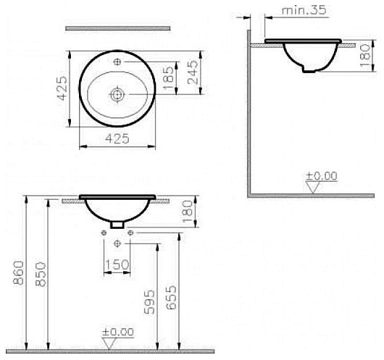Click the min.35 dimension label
coord(304,11)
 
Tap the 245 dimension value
coord(193,72)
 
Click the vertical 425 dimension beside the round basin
coord(62,88)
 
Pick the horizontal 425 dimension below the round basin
coord(117,138)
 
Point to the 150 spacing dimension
coord(117,264)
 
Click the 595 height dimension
coord(150,302)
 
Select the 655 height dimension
coord(171,297)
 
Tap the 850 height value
coord(41,275)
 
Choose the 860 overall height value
coord(19,273)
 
